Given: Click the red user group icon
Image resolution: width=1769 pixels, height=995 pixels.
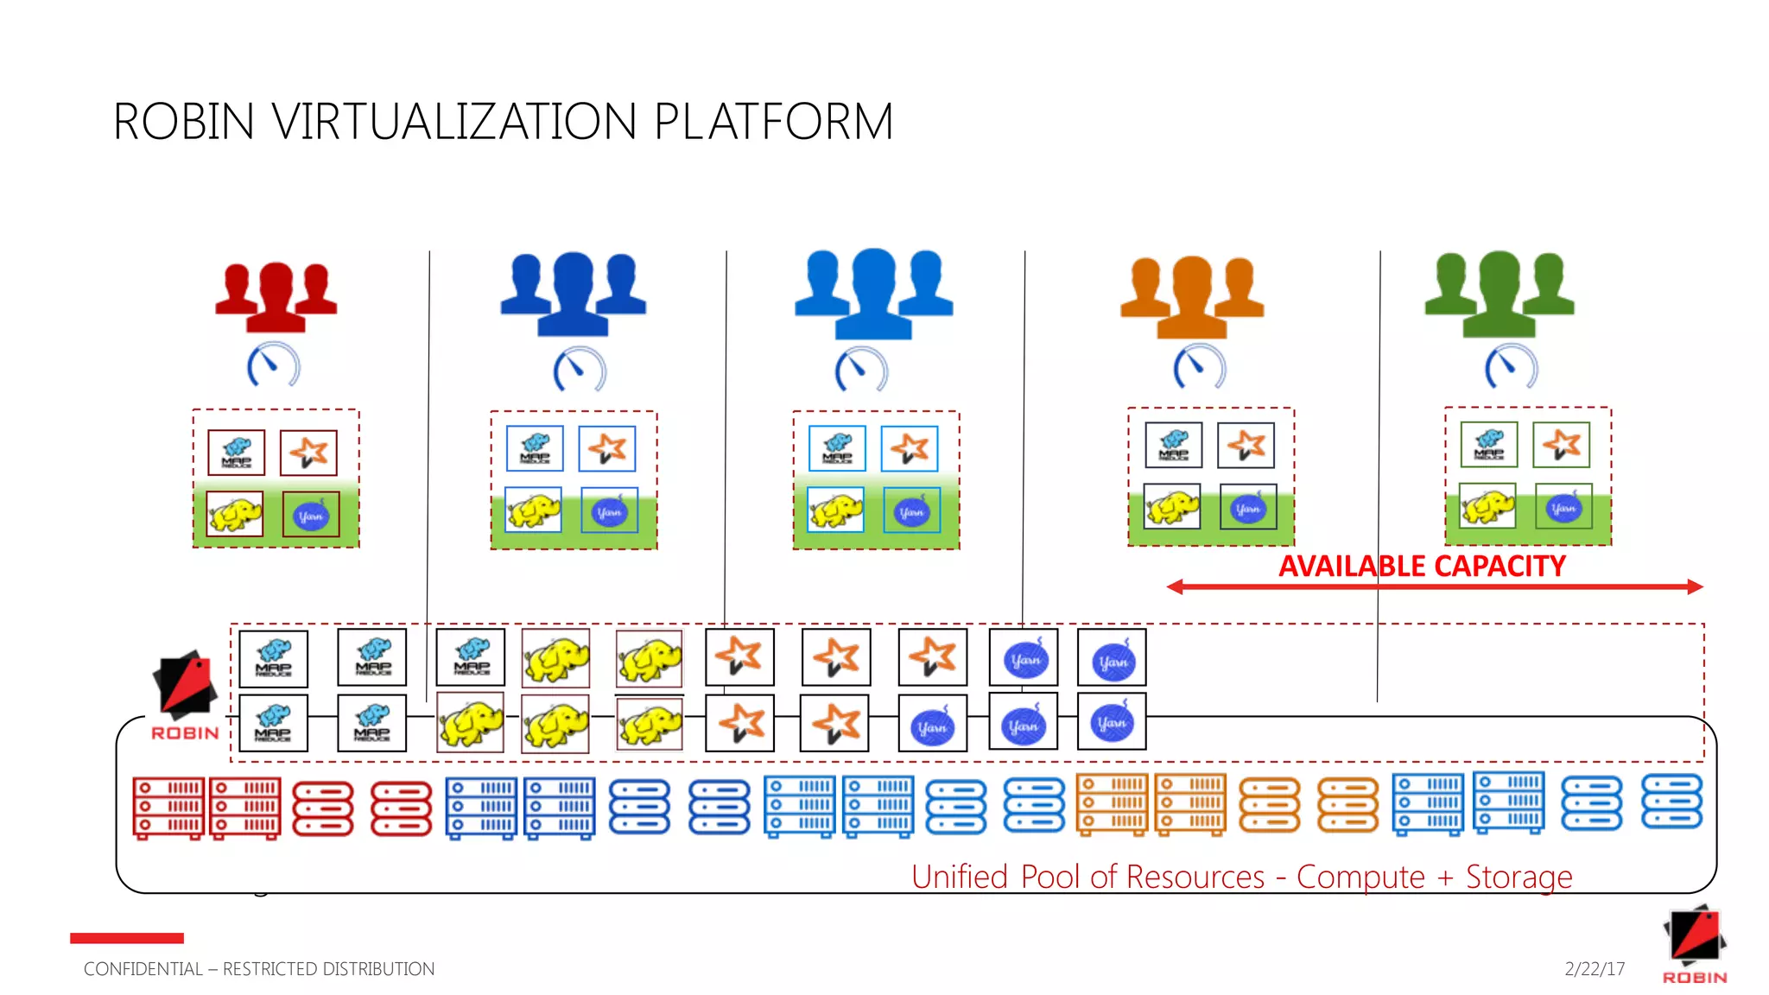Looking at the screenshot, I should point(276,297).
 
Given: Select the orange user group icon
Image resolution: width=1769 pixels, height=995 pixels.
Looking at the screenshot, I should point(1192,297).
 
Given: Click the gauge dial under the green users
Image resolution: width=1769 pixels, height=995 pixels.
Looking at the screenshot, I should point(1511,367).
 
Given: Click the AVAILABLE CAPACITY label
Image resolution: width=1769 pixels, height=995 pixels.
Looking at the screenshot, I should point(1422,567).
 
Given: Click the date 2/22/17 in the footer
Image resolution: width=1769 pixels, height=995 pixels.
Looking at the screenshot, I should point(1595,969).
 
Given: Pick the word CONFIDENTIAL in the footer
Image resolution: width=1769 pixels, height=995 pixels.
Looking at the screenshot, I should point(143,969).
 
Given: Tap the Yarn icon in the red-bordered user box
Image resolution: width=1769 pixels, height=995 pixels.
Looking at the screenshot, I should point(311,516).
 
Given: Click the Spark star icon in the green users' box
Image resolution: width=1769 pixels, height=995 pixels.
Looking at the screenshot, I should point(1562,445).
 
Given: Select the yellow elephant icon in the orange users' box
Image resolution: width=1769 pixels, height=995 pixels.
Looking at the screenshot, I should point(1171,507).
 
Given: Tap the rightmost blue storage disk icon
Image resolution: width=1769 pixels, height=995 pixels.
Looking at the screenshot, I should point(1671,802).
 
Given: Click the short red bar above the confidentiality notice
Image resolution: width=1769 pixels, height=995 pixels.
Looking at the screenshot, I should point(127,938).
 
